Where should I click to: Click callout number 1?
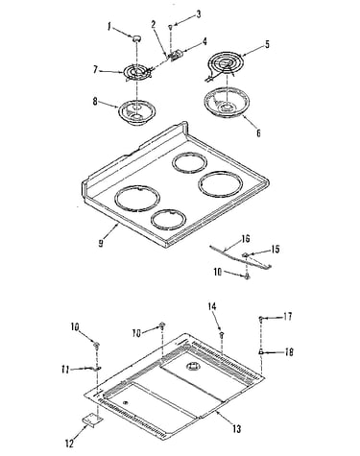click(x=109, y=28)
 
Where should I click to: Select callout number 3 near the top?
click(x=199, y=14)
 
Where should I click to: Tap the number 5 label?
click(x=267, y=44)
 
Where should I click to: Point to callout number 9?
click(x=101, y=243)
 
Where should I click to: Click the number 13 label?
click(x=236, y=429)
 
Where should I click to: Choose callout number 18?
click(x=289, y=352)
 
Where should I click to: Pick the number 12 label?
click(x=69, y=444)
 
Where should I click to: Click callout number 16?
click(x=246, y=238)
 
